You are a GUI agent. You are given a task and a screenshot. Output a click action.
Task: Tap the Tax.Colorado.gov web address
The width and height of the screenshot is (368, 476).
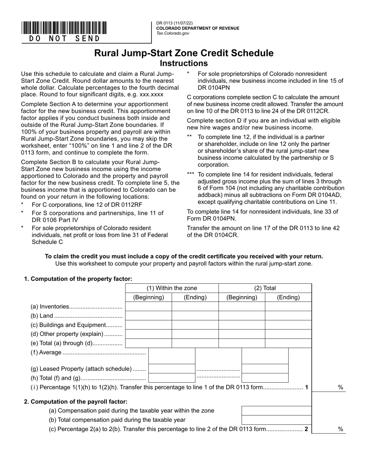click(x=173, y=34)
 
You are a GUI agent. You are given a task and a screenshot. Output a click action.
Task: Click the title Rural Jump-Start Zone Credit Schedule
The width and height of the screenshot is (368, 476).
click(x=184, y=53)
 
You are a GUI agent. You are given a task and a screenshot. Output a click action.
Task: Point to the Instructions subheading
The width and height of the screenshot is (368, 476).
click(x=184, y=63)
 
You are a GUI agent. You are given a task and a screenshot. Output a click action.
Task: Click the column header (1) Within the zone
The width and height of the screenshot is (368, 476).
click(x=172, y=288)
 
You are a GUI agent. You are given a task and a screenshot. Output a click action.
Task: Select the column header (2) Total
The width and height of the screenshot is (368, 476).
click(x=265, y=288)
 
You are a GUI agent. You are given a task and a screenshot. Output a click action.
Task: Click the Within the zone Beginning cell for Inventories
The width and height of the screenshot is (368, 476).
click(x=148, y=306)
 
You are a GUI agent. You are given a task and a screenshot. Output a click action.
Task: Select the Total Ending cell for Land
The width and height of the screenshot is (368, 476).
click(x=288, y=316)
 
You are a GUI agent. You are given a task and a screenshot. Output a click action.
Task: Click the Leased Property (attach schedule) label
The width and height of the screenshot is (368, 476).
click(x=81, y=369)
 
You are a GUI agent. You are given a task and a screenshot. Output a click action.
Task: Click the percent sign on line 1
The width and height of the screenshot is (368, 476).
click(x=341, y=387)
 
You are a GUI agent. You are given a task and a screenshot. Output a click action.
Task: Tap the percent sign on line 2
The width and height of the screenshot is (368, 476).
click(x=341, y=429)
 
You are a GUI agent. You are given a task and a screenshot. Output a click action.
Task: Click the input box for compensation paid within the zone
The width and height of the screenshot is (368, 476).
click(x=277, y=411)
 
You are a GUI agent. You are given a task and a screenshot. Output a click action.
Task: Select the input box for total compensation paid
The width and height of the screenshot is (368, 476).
click(x=277, y=420)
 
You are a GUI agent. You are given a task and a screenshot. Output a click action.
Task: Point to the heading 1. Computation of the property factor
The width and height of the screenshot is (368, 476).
click(x=78, y=279)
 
